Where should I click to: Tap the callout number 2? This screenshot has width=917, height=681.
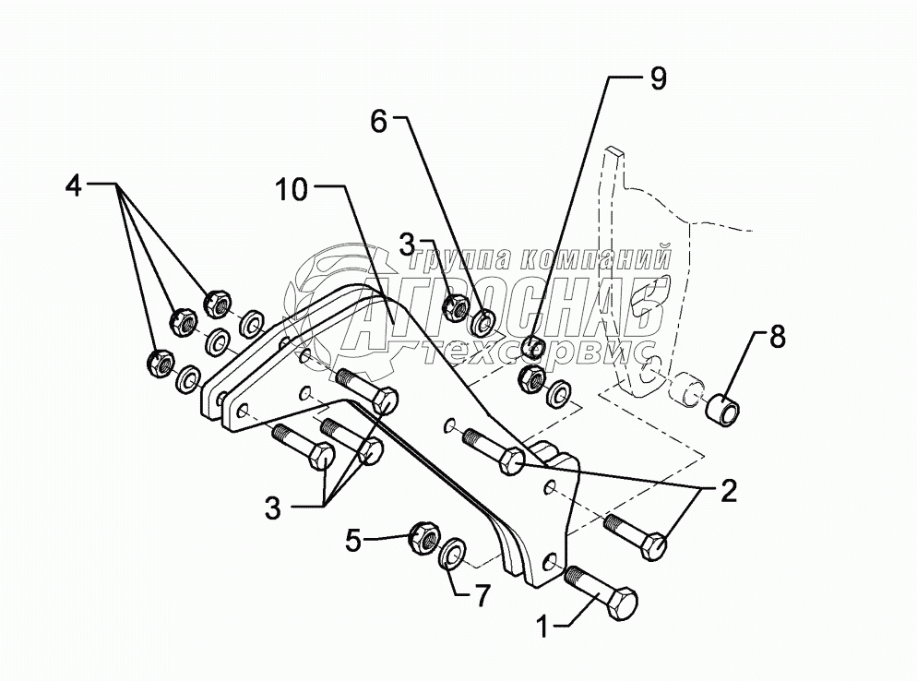click(x=728, y=491)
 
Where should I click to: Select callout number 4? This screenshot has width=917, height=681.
click(x=73, y=185)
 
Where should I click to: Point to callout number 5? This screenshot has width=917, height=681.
click(x=352, y=542)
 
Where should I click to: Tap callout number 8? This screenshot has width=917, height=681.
click(x=777, y=338)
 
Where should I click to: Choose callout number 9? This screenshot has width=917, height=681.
click(x=657, y=79)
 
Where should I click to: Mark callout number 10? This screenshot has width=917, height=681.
click(x=291, y=190)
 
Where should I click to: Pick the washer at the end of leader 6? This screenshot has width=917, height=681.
click(x=482, y=323)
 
